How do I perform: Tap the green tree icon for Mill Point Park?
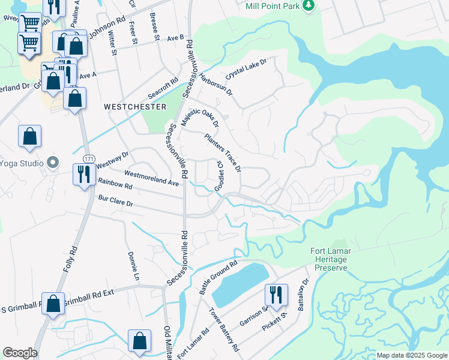pyautogui.click(x=309, y=5)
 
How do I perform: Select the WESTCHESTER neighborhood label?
pyautogui.click(x=135, y=106)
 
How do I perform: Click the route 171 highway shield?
pyautogui.click(x=89, y=158)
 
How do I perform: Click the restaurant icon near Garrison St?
pyautogui.click(x=276, y=295)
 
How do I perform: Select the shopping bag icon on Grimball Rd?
pyautogui.click(x=53, y=304)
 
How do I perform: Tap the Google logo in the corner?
pyautogui.click(x=20, y=353)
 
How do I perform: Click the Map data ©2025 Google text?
pyautogui.click(x=412, y=355)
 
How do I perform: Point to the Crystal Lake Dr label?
pyautogui.click(x=246, y=69)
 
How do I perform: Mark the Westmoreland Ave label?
pyautogui.click(x=152, y=178)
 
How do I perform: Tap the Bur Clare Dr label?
pyautogui.click(x=115, y=200)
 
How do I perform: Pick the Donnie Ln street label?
pyautogui.click(x=133, y=265)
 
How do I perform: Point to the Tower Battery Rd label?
pyautogui.click(x=224, y=329)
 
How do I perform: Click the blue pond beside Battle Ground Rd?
pyautogui.click(x=240, y=286)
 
